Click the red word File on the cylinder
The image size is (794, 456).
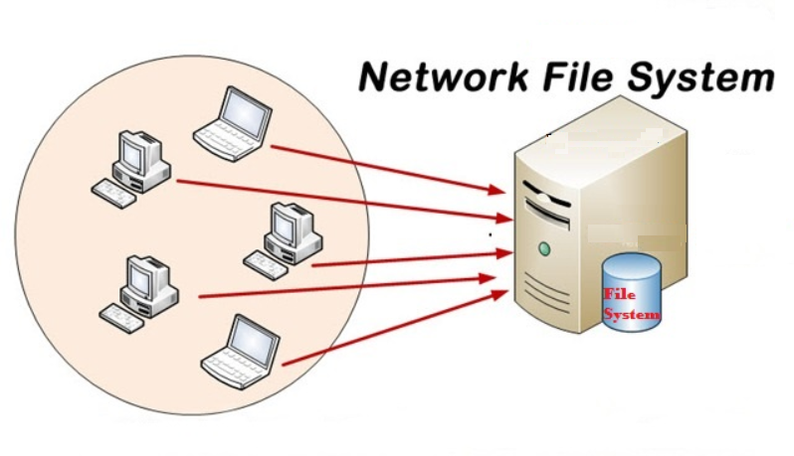618,295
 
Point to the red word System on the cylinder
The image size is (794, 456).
632,315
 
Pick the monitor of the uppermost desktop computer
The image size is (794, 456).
131,150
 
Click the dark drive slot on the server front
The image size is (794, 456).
548,204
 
